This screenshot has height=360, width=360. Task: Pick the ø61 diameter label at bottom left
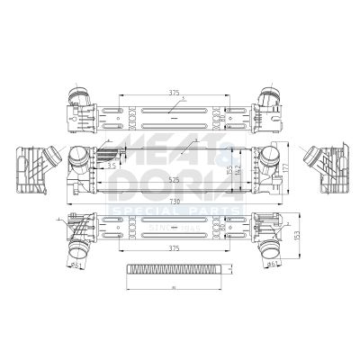click(x=78, y=266)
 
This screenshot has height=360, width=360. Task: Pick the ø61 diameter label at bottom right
click(x=272, y=266)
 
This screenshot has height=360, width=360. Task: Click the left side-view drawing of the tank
click(x=32, y=170)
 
